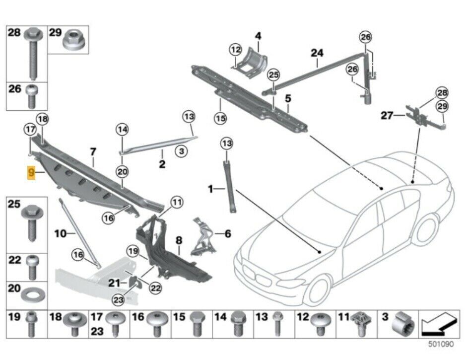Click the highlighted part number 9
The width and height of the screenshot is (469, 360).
click(32, 173)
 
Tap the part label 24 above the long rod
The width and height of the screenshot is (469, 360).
click(317, 53)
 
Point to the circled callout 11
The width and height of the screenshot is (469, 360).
click(177, 202)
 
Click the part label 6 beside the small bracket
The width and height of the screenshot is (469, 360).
click(227, 232)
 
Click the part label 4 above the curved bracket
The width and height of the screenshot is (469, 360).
click(258, 36)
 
